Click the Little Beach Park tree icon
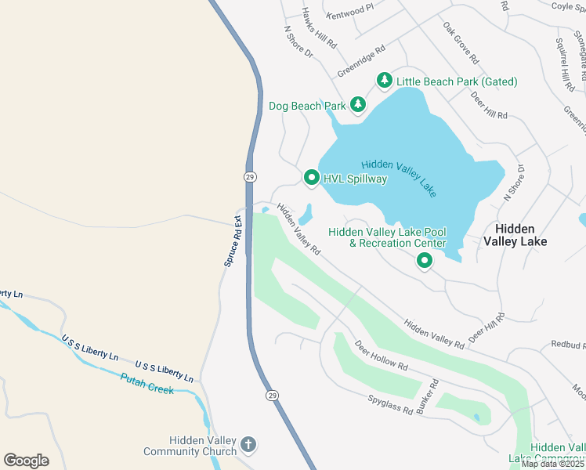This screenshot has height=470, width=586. [384, 81]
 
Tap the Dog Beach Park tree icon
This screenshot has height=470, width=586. [358, 105]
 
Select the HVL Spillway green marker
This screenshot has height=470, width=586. [311, 179]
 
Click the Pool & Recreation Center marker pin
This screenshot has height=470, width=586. [425, 261]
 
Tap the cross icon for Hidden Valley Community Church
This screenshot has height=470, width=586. [248, 445]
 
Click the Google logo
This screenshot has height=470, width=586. [26, 461]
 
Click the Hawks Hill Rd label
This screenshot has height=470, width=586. [320, 28]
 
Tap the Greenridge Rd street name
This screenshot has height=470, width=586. [361, 60]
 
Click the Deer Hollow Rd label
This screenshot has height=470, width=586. [381, 356]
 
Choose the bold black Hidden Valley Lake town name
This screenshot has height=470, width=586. [520, 235]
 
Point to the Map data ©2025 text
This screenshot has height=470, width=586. [553, 464]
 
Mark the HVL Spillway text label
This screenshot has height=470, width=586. [356, 179]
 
